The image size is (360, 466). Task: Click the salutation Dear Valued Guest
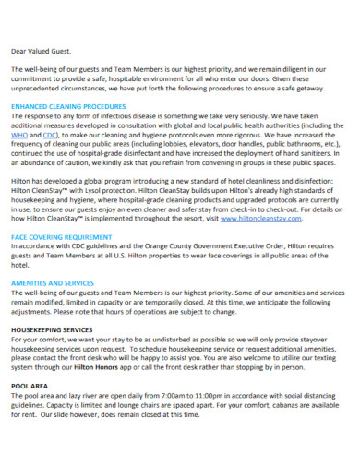[42, 51]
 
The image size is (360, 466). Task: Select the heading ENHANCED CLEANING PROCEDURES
[69, 106]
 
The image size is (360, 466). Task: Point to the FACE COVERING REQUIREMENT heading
[65, 237]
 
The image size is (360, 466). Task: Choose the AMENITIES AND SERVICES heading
[53, 283]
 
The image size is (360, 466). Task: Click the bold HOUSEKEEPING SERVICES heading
[52, 329]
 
